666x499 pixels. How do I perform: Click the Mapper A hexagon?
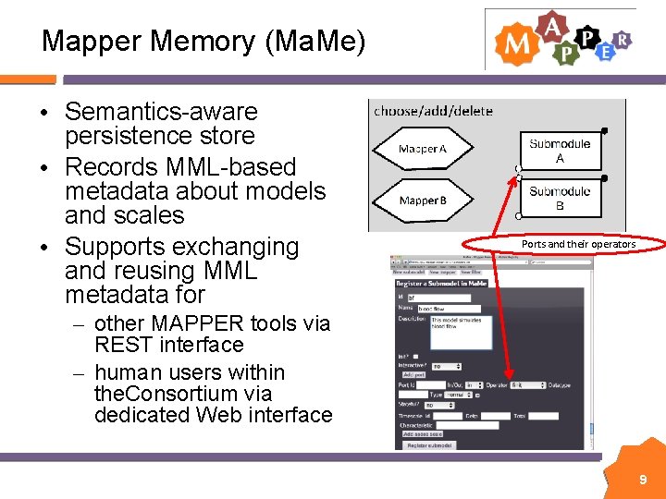pyautogui.click(x=422, y=149)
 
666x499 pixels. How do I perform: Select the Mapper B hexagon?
pyautogui.click(x=422, y=200)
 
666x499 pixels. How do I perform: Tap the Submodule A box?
pyautogui.click(x=560, y=152)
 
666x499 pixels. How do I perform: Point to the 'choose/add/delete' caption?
pyautogui.click(x=433, y=111)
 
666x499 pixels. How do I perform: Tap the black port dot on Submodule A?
pyautogui.click(x=604, y=130)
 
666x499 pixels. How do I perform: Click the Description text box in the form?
pyautogui.click(x=461, y=333)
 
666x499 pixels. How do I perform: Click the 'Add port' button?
pyautogui.click(x=413, y=374)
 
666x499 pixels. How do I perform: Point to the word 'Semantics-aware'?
pyautogui.click(x=161, y=112)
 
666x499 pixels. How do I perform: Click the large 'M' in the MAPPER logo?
pyautogui.click(x=513, y=44)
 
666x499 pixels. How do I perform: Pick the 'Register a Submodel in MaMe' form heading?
pyautogui.click(x=440, y=283)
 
